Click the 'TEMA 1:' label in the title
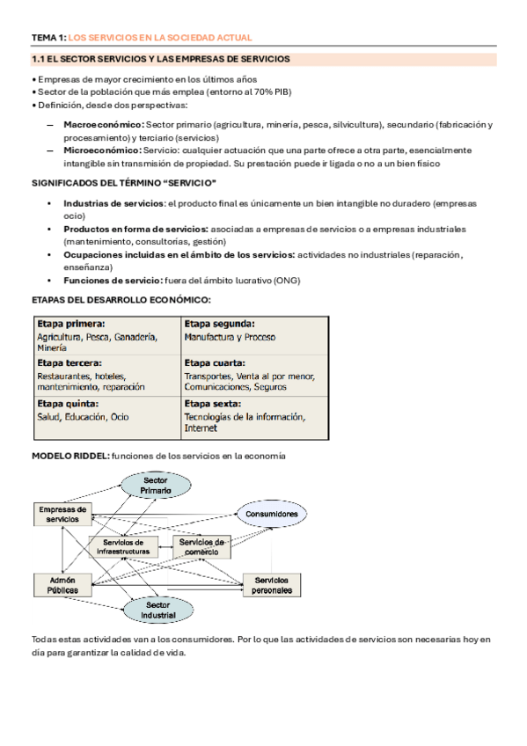point(48,38)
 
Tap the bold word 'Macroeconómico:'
point(103,126)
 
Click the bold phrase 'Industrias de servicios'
point(113,203)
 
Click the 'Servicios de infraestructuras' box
point(125,546)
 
